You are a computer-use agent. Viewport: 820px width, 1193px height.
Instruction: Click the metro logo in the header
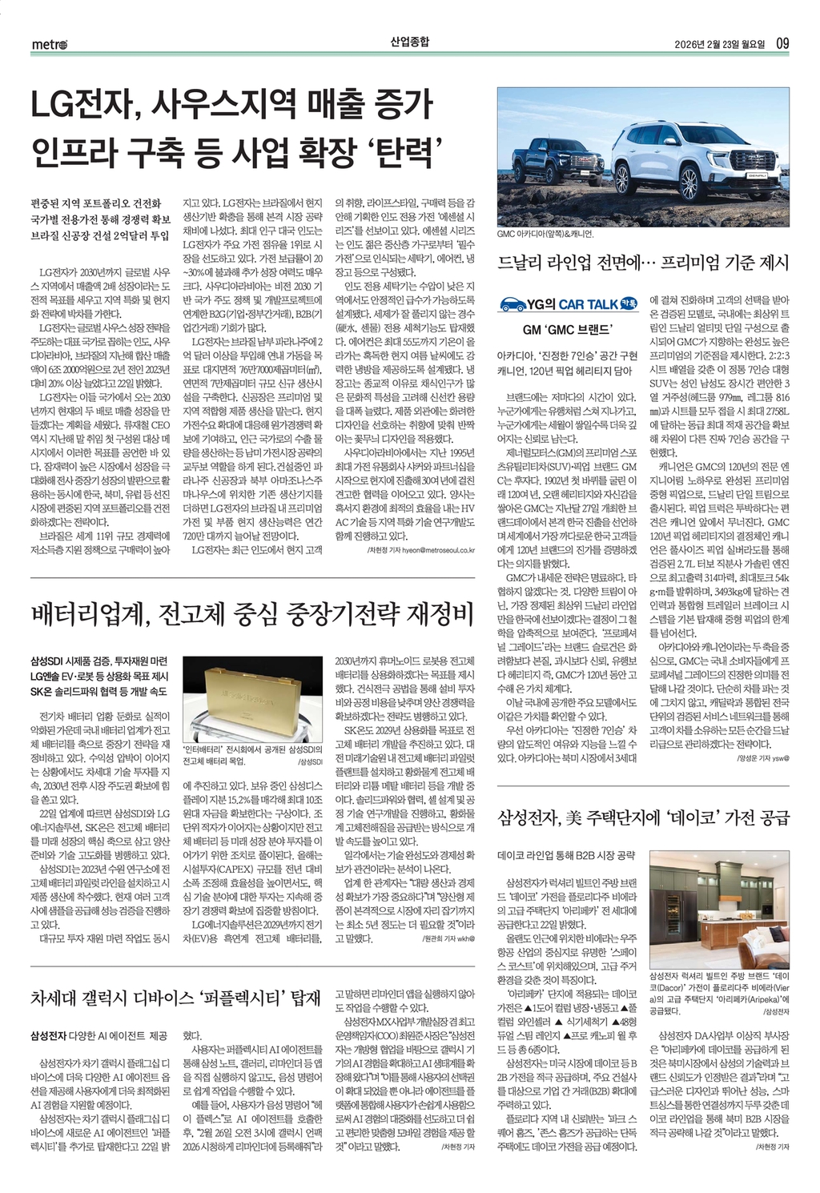tap(50, 44)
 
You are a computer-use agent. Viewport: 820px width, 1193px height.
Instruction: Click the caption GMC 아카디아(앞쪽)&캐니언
tap(545, 234)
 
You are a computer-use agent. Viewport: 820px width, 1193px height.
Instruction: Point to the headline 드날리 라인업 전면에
tap(577, 263)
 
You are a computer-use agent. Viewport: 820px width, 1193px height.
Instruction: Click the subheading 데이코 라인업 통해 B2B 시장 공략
tap(566, 855)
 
